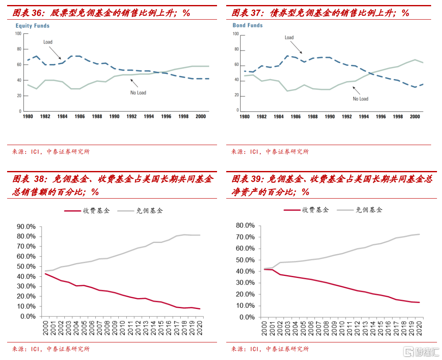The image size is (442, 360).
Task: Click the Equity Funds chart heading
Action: pos(33,26)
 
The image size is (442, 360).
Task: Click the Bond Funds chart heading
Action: pos(248,26)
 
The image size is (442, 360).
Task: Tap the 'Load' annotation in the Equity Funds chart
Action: pos(48,42)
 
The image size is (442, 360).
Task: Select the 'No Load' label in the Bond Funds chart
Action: pos(360,99)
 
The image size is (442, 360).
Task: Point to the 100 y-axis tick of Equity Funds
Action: pos(18,33)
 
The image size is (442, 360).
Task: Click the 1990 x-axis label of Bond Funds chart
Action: pos(330,117)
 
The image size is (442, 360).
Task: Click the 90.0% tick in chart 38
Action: pos(26,227)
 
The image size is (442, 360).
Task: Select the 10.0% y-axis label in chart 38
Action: pos(26,306)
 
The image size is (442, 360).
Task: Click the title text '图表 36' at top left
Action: pos(28,13)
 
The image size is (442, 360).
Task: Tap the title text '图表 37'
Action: pos(246,13)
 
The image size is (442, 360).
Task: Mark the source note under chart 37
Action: pos(270,151)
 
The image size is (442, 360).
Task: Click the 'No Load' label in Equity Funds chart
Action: pos(138,92)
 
